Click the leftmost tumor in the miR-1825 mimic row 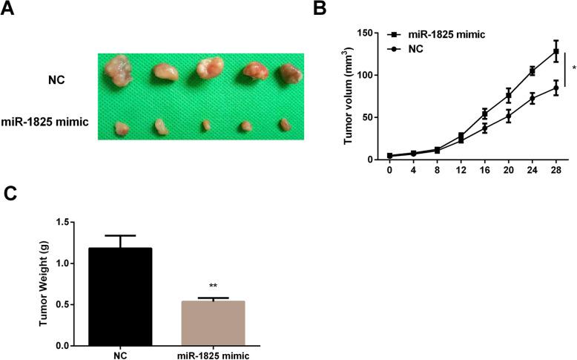tap(122, 128)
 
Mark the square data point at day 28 tap(554, 52)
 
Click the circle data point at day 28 tap(554, 88)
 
